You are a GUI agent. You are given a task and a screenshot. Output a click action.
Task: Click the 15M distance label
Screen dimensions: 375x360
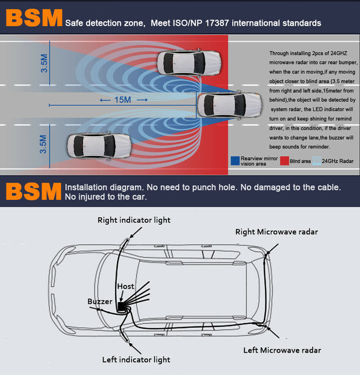point(122,100)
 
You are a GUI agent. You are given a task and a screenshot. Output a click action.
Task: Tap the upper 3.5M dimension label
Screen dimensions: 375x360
point(44,63)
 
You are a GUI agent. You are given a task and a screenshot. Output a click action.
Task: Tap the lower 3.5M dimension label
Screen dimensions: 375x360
point(44,144)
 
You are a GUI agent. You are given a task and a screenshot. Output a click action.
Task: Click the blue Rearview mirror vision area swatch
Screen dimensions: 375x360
point(235,161)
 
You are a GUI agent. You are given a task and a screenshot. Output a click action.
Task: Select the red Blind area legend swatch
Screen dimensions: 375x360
point(284,161)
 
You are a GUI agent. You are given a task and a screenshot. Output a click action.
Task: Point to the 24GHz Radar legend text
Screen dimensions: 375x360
point(338,161)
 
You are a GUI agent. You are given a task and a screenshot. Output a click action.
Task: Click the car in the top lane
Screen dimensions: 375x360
point(188,63)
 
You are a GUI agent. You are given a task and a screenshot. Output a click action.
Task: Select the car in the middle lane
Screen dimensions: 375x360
point(230,105)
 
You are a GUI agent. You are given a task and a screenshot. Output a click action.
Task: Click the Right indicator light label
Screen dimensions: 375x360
point(134,220)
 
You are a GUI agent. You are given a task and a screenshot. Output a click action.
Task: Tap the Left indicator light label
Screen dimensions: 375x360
point(136,359)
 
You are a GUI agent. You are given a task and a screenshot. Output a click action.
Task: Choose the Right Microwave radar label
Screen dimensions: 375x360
point(277,232)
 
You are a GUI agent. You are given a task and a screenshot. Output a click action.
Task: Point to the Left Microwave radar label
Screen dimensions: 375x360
point(282,350)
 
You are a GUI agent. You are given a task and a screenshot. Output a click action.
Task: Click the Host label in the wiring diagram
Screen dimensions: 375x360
point(125,286)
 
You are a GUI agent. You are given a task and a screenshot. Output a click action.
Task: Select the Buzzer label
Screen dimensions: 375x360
point(100,301)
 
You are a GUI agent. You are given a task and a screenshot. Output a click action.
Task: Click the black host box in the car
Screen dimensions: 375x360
point(121,305)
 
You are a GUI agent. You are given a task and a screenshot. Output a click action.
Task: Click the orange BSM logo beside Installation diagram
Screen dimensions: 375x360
point(34,191)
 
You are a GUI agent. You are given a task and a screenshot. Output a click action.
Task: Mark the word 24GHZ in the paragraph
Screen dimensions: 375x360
point(338,53)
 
